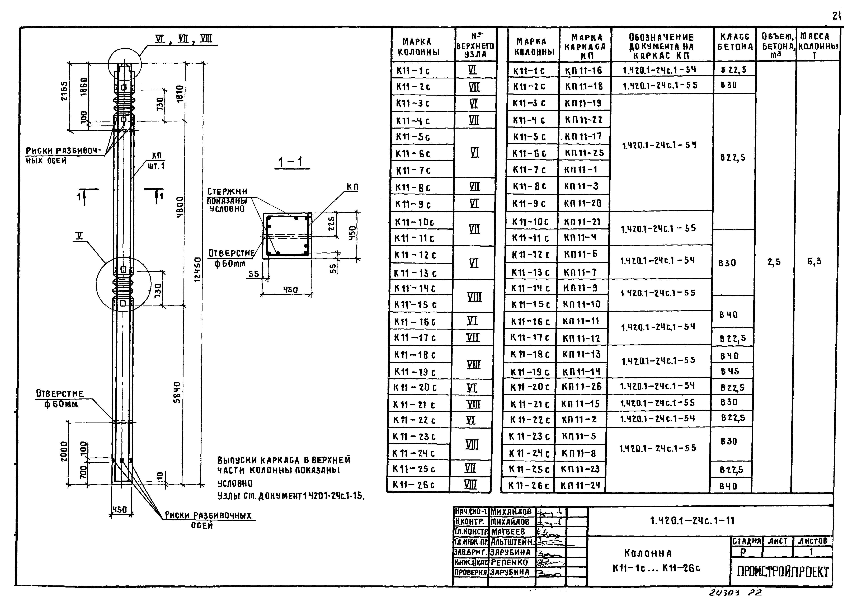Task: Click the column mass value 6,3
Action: click(814, 261)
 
